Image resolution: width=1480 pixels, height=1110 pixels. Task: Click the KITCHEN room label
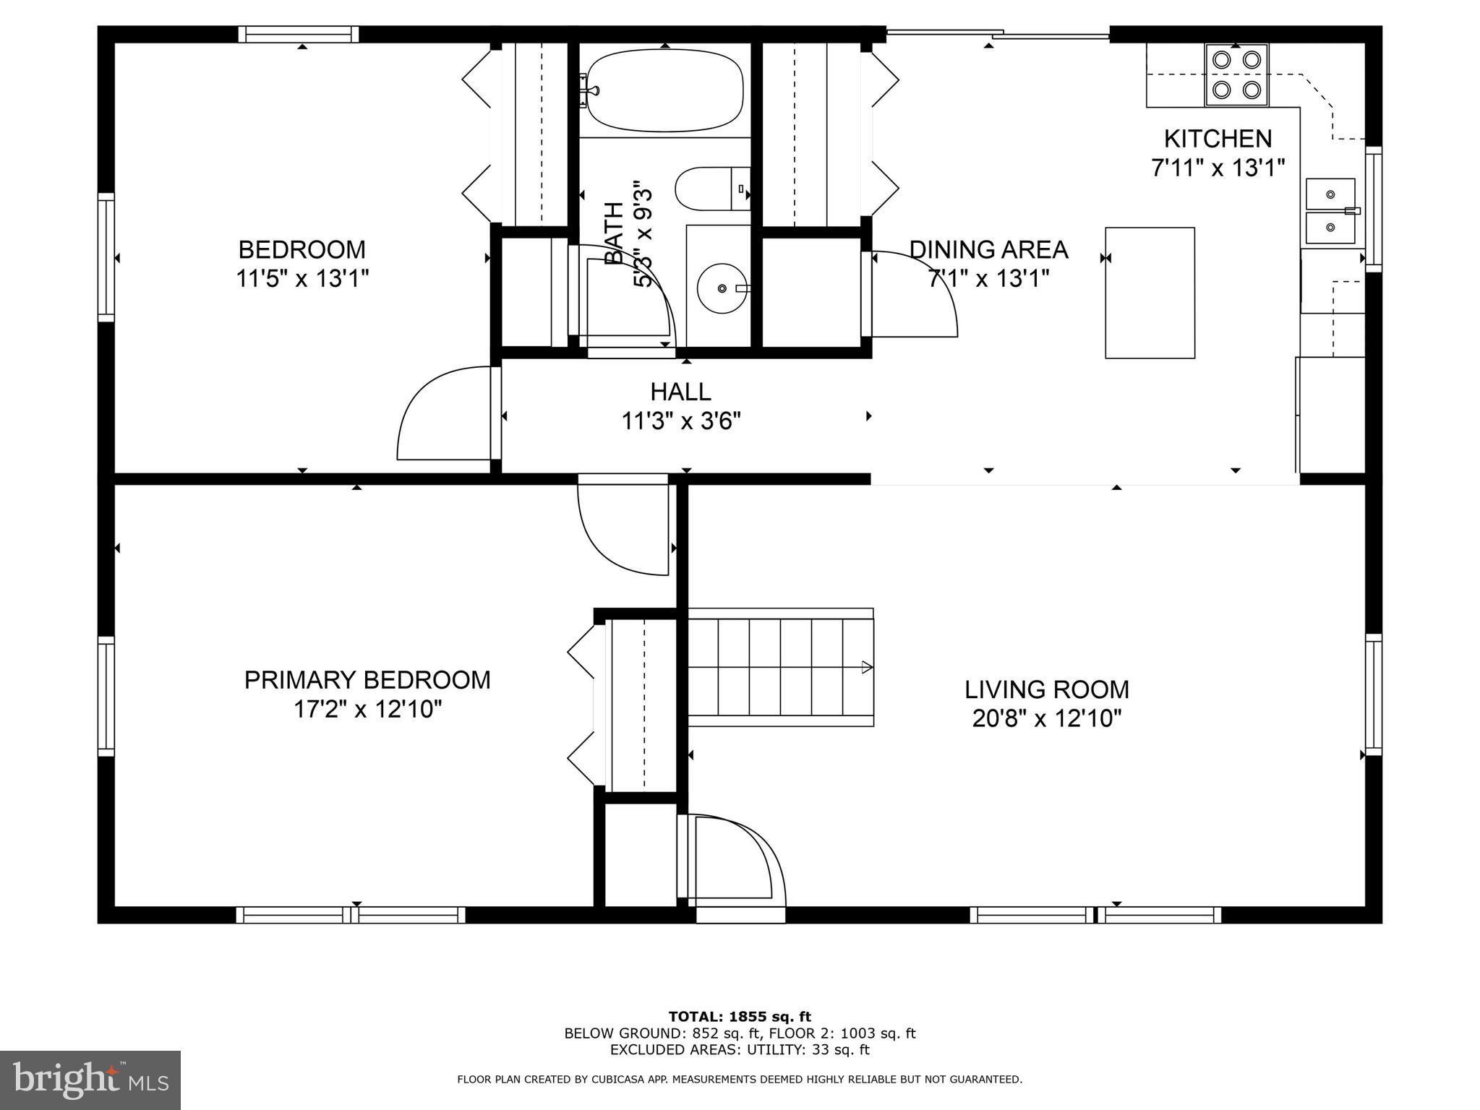click(x=1218, y=138)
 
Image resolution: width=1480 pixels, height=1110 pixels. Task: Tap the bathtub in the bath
click(x=664, y=90)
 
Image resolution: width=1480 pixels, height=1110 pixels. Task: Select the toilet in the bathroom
click(x=712, y=189)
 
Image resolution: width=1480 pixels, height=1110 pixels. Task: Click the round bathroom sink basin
click(x=722, y=288)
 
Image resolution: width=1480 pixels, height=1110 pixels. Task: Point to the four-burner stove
click(x=1236, y=74)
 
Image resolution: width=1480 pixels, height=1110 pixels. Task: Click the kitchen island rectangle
click(x=1150, y=293)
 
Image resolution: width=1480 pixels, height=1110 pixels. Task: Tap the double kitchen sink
click(x=1330, y=211)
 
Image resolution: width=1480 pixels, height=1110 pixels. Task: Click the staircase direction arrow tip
click(x=870, y=667)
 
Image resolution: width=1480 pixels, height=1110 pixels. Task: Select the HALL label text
click(x=680, y=392)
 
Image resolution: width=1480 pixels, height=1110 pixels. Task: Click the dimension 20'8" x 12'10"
click(x=1046, y=719)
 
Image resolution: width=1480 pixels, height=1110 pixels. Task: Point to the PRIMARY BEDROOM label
click(x=367, y=680)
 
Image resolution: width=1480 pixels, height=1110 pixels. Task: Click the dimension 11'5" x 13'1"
click(x=302, y=278)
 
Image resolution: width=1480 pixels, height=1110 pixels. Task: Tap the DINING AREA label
click(x=988, y=249)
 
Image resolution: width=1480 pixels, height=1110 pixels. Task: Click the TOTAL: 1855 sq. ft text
click(x=740, y=1017)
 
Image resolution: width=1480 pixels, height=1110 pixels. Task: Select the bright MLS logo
click(x=90, y=1080)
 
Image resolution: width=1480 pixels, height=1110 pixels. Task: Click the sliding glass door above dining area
click(x=998, y=33)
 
